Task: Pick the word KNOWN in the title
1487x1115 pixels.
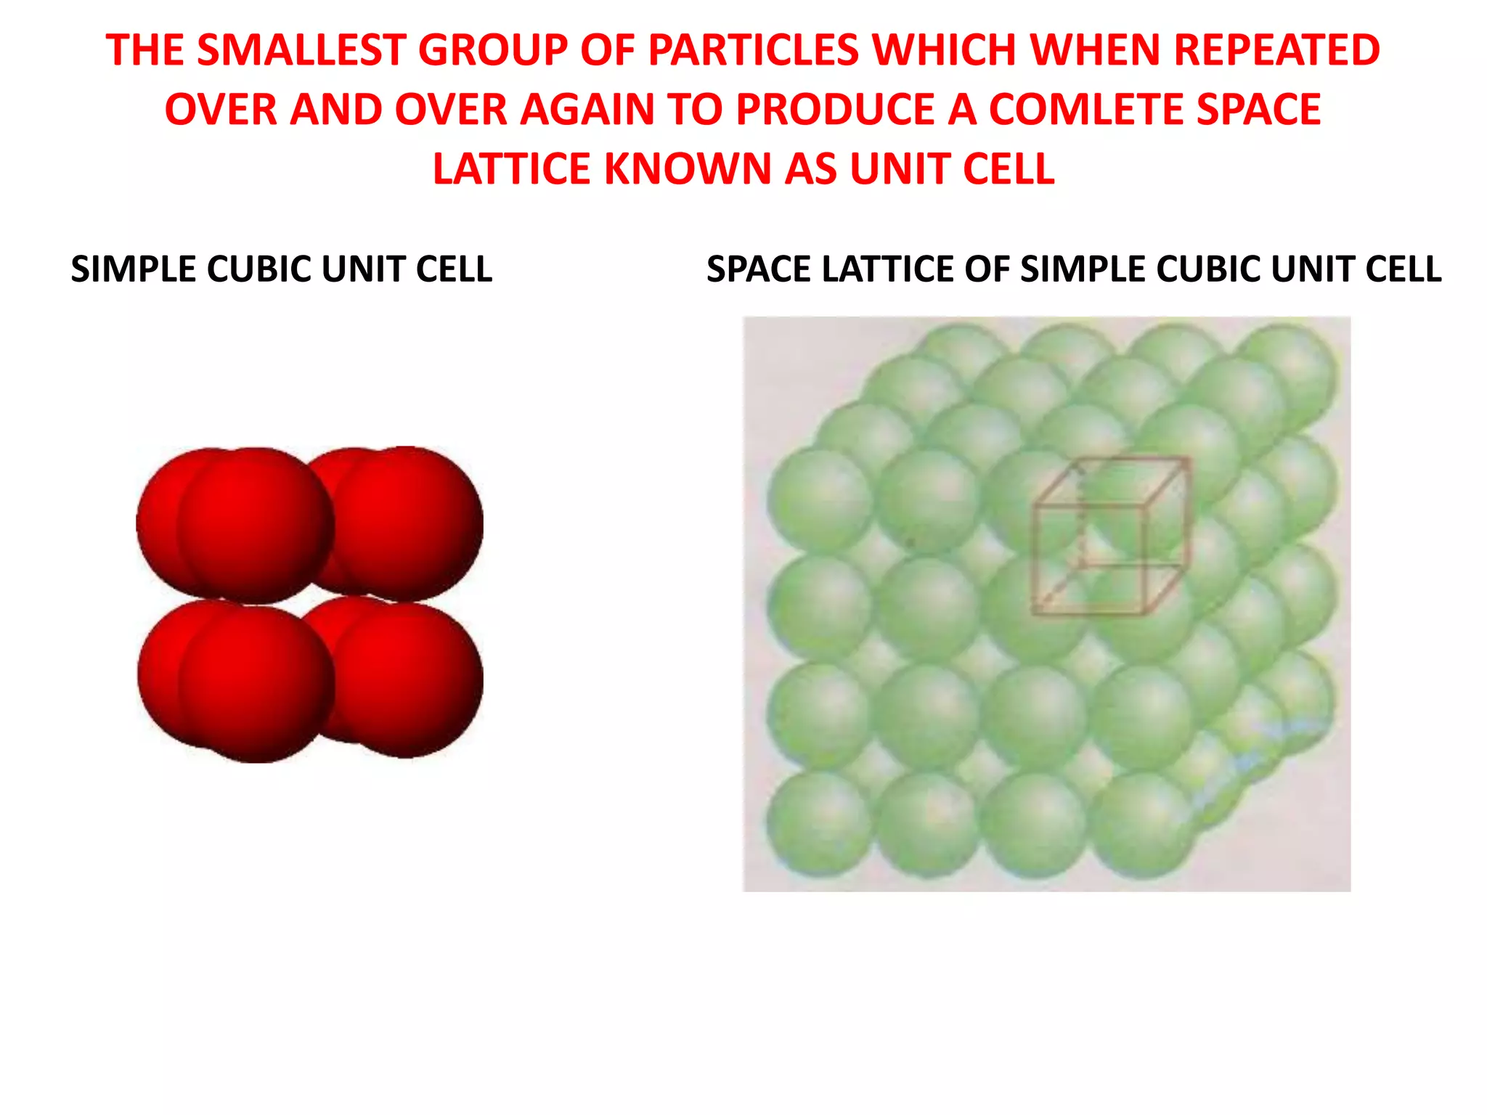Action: tap(689, 169)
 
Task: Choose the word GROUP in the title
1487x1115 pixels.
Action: tap(492, 50)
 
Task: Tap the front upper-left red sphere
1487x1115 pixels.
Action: tap(256, 524)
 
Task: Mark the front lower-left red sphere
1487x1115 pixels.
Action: tap(256, 684)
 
